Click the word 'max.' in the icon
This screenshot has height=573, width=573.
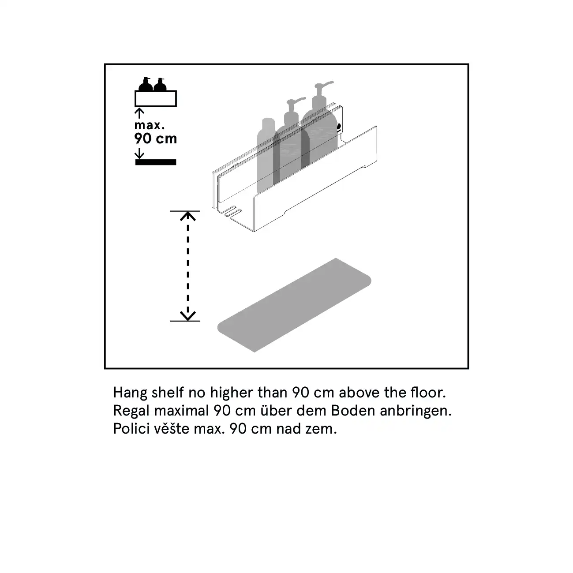(149, 125)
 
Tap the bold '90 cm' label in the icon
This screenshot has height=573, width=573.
(155, 139)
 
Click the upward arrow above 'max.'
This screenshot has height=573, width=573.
(139, 113)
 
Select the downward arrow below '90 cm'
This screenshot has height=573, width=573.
(139, 153)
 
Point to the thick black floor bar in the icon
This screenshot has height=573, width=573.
(156, 162)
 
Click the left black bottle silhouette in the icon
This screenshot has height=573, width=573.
(146, 84)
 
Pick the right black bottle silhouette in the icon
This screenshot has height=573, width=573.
(160, 84)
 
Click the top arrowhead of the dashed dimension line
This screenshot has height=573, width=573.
(187, 216)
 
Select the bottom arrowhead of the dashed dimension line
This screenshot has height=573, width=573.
(187, 316)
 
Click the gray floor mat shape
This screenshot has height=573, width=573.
(294, 305)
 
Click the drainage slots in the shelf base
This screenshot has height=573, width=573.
(233, 211)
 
